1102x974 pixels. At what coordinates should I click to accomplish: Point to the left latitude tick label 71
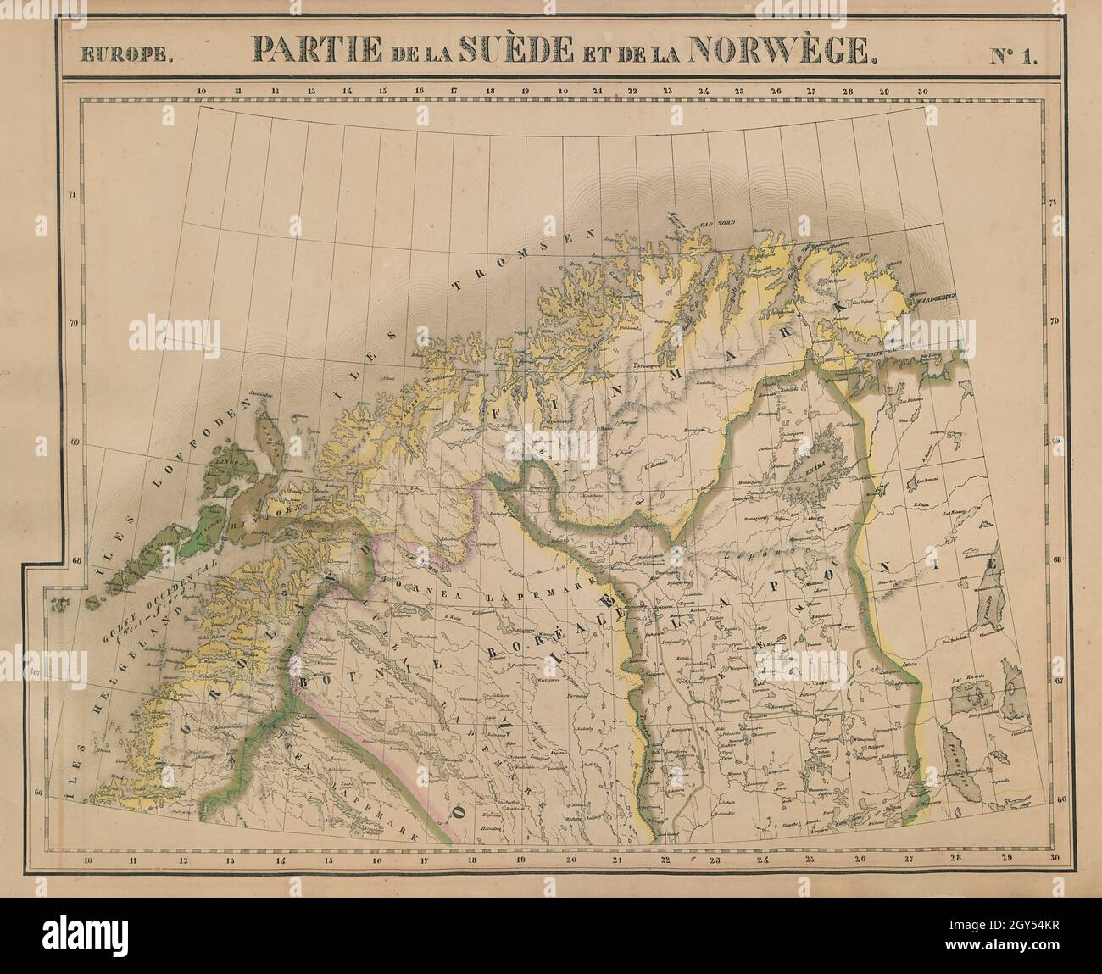(x=72, y=195)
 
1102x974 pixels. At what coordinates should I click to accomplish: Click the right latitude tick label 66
(x=1061, y=799)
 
